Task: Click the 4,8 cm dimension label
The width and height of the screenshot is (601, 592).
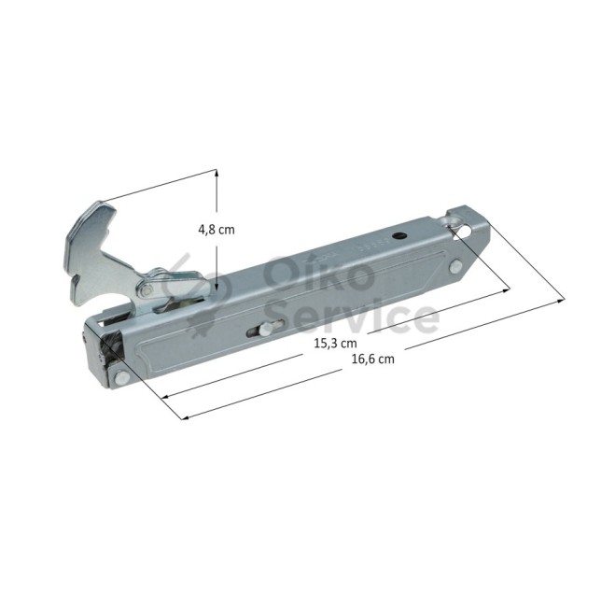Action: (x=217, y=230)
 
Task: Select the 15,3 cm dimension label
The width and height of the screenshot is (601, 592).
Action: (x=335, y=343)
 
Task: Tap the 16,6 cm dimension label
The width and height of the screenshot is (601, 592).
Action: (x=373, y=359)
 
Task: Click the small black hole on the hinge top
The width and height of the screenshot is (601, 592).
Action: (x=399, y=236)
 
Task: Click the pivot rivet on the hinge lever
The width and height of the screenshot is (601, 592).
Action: (x=146, y=291)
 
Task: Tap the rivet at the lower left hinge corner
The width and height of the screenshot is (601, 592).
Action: (x=121, y=377)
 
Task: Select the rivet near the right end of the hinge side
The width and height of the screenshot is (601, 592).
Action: (x=455, y=267)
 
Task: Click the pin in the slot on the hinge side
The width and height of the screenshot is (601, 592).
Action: (x=265, y=329)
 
